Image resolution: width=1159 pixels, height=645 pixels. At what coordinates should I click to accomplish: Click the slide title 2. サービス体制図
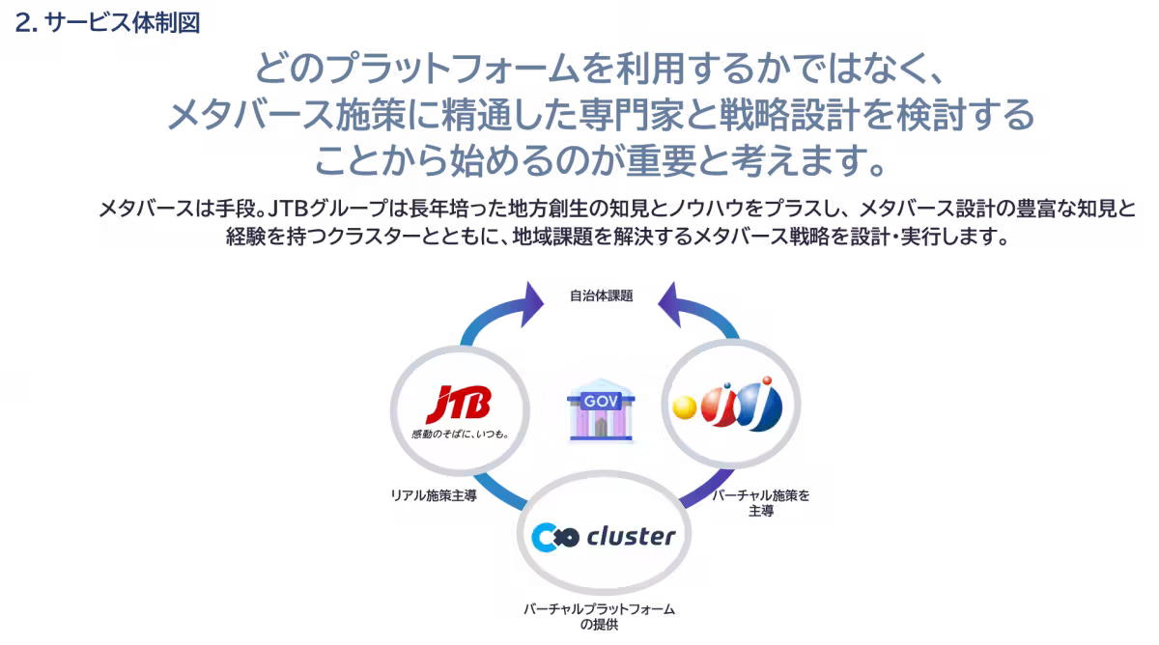(x=107, y=22)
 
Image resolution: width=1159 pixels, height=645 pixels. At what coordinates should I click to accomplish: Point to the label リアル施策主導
(x=433, y=496)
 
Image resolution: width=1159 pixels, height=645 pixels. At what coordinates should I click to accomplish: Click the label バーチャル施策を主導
(x=760, y=502)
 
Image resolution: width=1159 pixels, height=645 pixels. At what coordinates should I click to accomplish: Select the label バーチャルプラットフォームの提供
(x=599, y=616)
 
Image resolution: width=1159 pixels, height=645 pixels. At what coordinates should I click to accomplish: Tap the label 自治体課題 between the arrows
(x=600, y=296)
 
